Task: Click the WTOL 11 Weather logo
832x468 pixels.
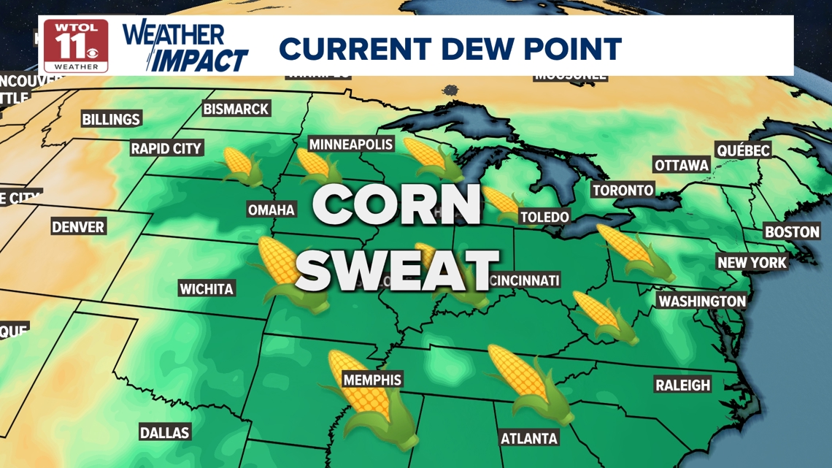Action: point(76,45)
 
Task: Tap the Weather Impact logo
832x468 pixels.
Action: point(185,47)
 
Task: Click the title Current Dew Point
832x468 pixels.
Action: point(450,49)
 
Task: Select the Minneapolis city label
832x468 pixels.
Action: point(351,145)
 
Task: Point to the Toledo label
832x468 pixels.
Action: point(544,217)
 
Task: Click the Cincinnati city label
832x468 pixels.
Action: point(525,280)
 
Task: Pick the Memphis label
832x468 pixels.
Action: point(372,380)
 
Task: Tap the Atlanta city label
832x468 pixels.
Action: point(529,438)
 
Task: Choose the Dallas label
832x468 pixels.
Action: point(165,433)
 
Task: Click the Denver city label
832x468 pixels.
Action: point(78,227)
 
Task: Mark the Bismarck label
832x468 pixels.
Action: point(236,109)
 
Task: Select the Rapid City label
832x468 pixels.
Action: point(166,148)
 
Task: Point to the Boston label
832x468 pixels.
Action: point(792,232)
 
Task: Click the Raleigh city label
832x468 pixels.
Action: point(682,385)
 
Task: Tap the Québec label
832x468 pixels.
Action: point(743,150)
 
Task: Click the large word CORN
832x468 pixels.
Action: point(397,205)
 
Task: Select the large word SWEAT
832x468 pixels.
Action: point(398,269)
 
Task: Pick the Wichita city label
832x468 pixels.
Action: point(207,289)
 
